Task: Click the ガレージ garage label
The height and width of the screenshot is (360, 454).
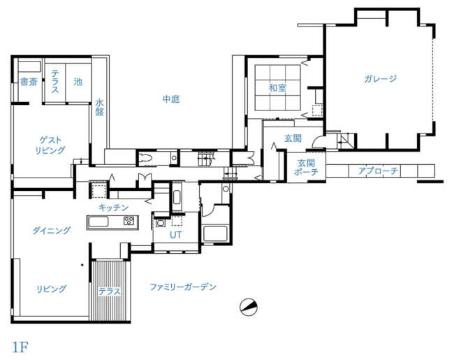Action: pyautogui.click(x=380, y=78)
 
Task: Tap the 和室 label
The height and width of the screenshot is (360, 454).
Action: pyautogui.click(x=277, y=87)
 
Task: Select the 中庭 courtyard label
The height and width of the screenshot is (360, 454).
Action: pyautogui.click(x=171, y=99)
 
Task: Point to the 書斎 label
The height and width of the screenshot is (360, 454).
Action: pyautogui.click(x=29, y=82)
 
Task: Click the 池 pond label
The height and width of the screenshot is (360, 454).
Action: pyautogui.click(x=78, y=82)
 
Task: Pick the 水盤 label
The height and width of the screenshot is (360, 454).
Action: pyautogui.click(x=99, y=107)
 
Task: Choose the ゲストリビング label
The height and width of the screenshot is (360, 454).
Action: pyautogui.click(x=50, y=145)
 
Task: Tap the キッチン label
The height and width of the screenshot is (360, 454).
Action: pyautogui.click(x=113, y=208)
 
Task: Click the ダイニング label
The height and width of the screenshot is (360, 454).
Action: pyautogui.click(x=51, y=231)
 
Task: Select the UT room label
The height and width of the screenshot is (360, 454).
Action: pyautogui.click(x=176, y=235)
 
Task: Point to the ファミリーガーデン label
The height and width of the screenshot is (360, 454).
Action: pyautogui.click(x=183, y=287)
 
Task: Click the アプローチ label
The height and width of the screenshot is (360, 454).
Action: pyautogui.click(x=378, y=171)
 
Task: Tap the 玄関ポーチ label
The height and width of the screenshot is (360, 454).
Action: pyautogui.click(x=306, y=167)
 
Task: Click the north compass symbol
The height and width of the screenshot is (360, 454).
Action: pyautogui.click(x=249, y=307)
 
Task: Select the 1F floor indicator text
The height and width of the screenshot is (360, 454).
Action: pyautogui.click(x=20, y=347)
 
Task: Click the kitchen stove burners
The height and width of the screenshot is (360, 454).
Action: pyautogui.click(x=129, y=221)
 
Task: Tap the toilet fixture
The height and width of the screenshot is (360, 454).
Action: pyautogui.click(x=145, y=158)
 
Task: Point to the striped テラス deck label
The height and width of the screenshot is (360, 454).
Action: pyautogui.click(x=109, y=291)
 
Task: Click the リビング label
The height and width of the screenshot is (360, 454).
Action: pyautogui.click(x=51, y=289)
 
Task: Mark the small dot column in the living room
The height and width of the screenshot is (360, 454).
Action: pyautogui.click(x=82, y=265)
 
